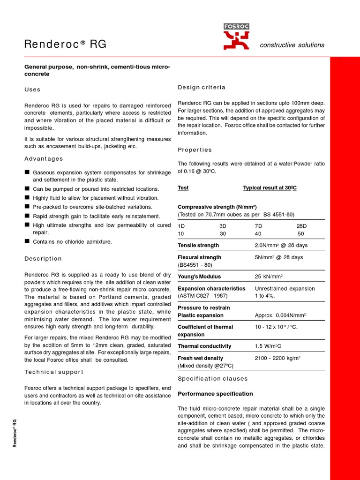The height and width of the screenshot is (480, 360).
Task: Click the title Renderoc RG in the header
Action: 65,45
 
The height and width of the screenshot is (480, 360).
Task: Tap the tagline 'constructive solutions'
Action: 292,45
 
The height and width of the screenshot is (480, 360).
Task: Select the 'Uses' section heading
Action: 32,90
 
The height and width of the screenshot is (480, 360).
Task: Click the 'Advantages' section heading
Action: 44,159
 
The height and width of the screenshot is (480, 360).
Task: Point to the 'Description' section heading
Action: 43,259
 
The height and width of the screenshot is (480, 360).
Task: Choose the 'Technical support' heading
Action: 54,372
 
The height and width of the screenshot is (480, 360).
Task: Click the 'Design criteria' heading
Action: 202,88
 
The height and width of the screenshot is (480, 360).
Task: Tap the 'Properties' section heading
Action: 195,150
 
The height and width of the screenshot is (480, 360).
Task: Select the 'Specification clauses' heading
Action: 213,379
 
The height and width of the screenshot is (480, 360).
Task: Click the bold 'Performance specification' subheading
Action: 215,394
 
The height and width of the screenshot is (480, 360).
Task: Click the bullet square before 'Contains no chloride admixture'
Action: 27,241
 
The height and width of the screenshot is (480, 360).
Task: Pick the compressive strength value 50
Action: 301,233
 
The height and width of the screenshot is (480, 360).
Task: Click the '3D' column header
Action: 223,225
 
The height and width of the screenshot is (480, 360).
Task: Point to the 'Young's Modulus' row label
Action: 199,277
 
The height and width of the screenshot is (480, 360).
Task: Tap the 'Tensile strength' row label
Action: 198,245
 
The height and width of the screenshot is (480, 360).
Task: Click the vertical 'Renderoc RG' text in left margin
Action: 15,434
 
